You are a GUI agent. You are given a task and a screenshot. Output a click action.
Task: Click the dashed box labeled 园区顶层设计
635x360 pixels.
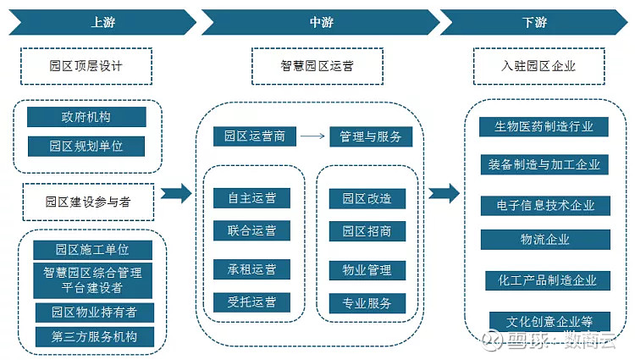tap(86, 66)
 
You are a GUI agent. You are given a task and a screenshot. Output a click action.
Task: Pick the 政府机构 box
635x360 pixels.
tap(86, 117)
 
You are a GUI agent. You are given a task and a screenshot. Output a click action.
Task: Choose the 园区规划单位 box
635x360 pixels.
tap(86, 146)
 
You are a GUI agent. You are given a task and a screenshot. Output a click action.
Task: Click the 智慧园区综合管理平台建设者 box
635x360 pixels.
tap(92, 281)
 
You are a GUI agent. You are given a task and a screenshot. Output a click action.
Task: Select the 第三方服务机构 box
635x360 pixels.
tap(92, 336)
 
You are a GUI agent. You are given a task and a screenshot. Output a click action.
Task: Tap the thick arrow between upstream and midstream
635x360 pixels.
tap(176, 194)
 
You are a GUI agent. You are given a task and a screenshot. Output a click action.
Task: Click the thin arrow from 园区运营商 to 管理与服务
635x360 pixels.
tap(312, 136)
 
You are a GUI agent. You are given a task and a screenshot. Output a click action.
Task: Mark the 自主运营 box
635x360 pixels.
tap(251, 198)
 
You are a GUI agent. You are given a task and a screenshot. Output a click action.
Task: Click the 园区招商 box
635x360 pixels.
tap(367, 231)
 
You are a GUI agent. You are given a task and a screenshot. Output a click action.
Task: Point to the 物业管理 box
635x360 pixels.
tap(367, 270)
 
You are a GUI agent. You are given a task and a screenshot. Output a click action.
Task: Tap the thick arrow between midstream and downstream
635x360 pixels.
tap(443, 194)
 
